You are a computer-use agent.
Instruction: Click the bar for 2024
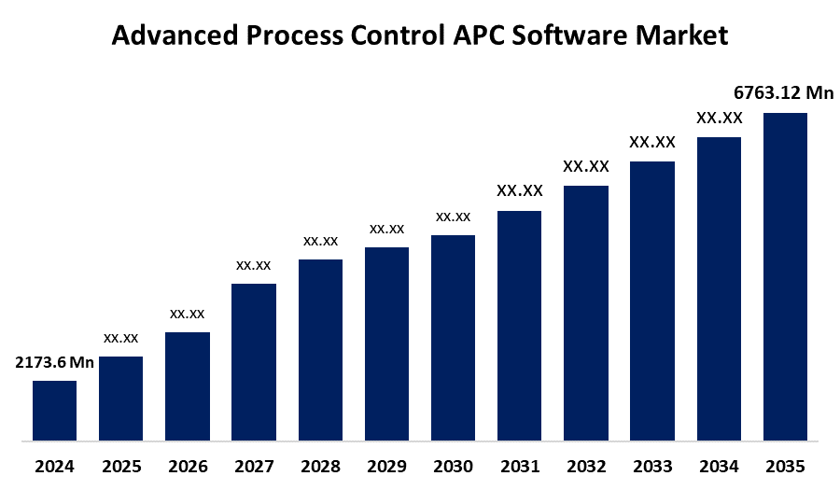[54, 410]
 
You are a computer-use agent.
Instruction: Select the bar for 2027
[254, 361]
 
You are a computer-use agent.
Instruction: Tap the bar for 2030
[453, 337]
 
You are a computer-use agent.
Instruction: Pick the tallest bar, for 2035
[785, 276]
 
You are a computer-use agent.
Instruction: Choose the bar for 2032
[586, 313]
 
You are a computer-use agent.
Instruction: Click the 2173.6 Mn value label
[54, 363]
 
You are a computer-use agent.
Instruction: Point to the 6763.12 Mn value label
[784, 92]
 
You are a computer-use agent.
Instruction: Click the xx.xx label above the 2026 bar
[187, 314]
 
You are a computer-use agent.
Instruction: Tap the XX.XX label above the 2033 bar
[652, 143]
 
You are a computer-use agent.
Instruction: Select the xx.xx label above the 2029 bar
[386, 229]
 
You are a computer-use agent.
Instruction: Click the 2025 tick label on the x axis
[120, 466]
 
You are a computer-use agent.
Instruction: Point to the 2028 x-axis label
[320, 466]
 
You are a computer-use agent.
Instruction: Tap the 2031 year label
[519, 466]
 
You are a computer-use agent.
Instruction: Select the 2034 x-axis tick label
[719, 466]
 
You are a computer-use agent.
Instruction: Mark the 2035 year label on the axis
[785, 466]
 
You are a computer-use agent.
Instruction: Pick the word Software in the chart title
[581, 36]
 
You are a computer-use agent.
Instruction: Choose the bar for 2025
[120, 398]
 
